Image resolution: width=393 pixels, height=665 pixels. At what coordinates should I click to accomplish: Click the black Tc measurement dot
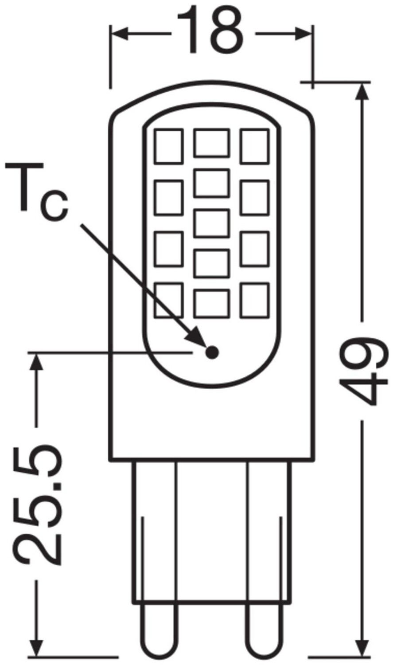point(213,352)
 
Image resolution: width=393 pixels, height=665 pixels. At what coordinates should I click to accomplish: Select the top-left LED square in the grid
point(169,146)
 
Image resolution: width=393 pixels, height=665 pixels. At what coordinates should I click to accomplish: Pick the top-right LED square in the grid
point(254,145)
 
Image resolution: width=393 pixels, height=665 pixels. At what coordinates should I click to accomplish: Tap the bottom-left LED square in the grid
point(169,300)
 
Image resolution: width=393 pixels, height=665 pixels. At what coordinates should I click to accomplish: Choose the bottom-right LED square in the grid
point(254,300)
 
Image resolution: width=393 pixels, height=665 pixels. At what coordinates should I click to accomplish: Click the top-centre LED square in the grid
point(212,143)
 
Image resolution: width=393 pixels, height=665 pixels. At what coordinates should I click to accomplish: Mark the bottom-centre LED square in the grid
point(212,304)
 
